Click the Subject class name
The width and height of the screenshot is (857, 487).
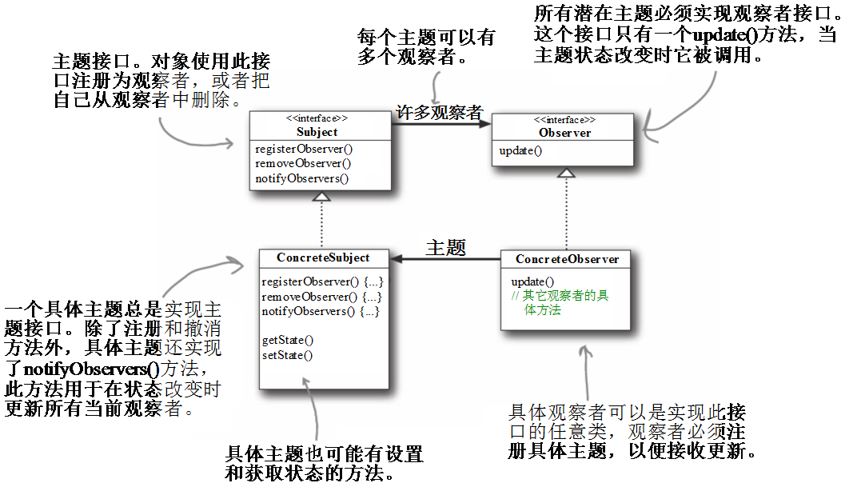317,132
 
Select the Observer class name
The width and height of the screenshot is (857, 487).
564,133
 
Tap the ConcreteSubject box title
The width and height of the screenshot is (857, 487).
323,257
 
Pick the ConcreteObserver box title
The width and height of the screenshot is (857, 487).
567,259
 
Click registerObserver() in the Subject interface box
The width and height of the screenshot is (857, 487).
304,149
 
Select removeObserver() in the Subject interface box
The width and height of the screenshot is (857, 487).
303,163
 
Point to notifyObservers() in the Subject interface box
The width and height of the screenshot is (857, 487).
301,178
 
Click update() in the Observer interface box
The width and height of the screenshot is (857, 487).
520,151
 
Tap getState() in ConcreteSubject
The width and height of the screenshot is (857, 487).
288,340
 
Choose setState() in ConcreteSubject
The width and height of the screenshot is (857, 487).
287,355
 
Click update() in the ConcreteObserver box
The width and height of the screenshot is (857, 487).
532,282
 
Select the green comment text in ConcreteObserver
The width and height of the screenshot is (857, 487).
560,303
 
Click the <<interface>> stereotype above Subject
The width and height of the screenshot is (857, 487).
317,118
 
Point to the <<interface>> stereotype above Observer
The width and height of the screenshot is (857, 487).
564,120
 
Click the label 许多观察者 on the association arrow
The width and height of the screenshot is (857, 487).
440,112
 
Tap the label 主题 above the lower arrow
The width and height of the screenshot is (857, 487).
445,248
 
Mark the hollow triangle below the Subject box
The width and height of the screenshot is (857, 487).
321,196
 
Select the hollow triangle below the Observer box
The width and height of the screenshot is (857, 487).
566,173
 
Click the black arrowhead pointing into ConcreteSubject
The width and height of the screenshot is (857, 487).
397,258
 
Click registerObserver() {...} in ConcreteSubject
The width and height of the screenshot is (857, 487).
322,282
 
